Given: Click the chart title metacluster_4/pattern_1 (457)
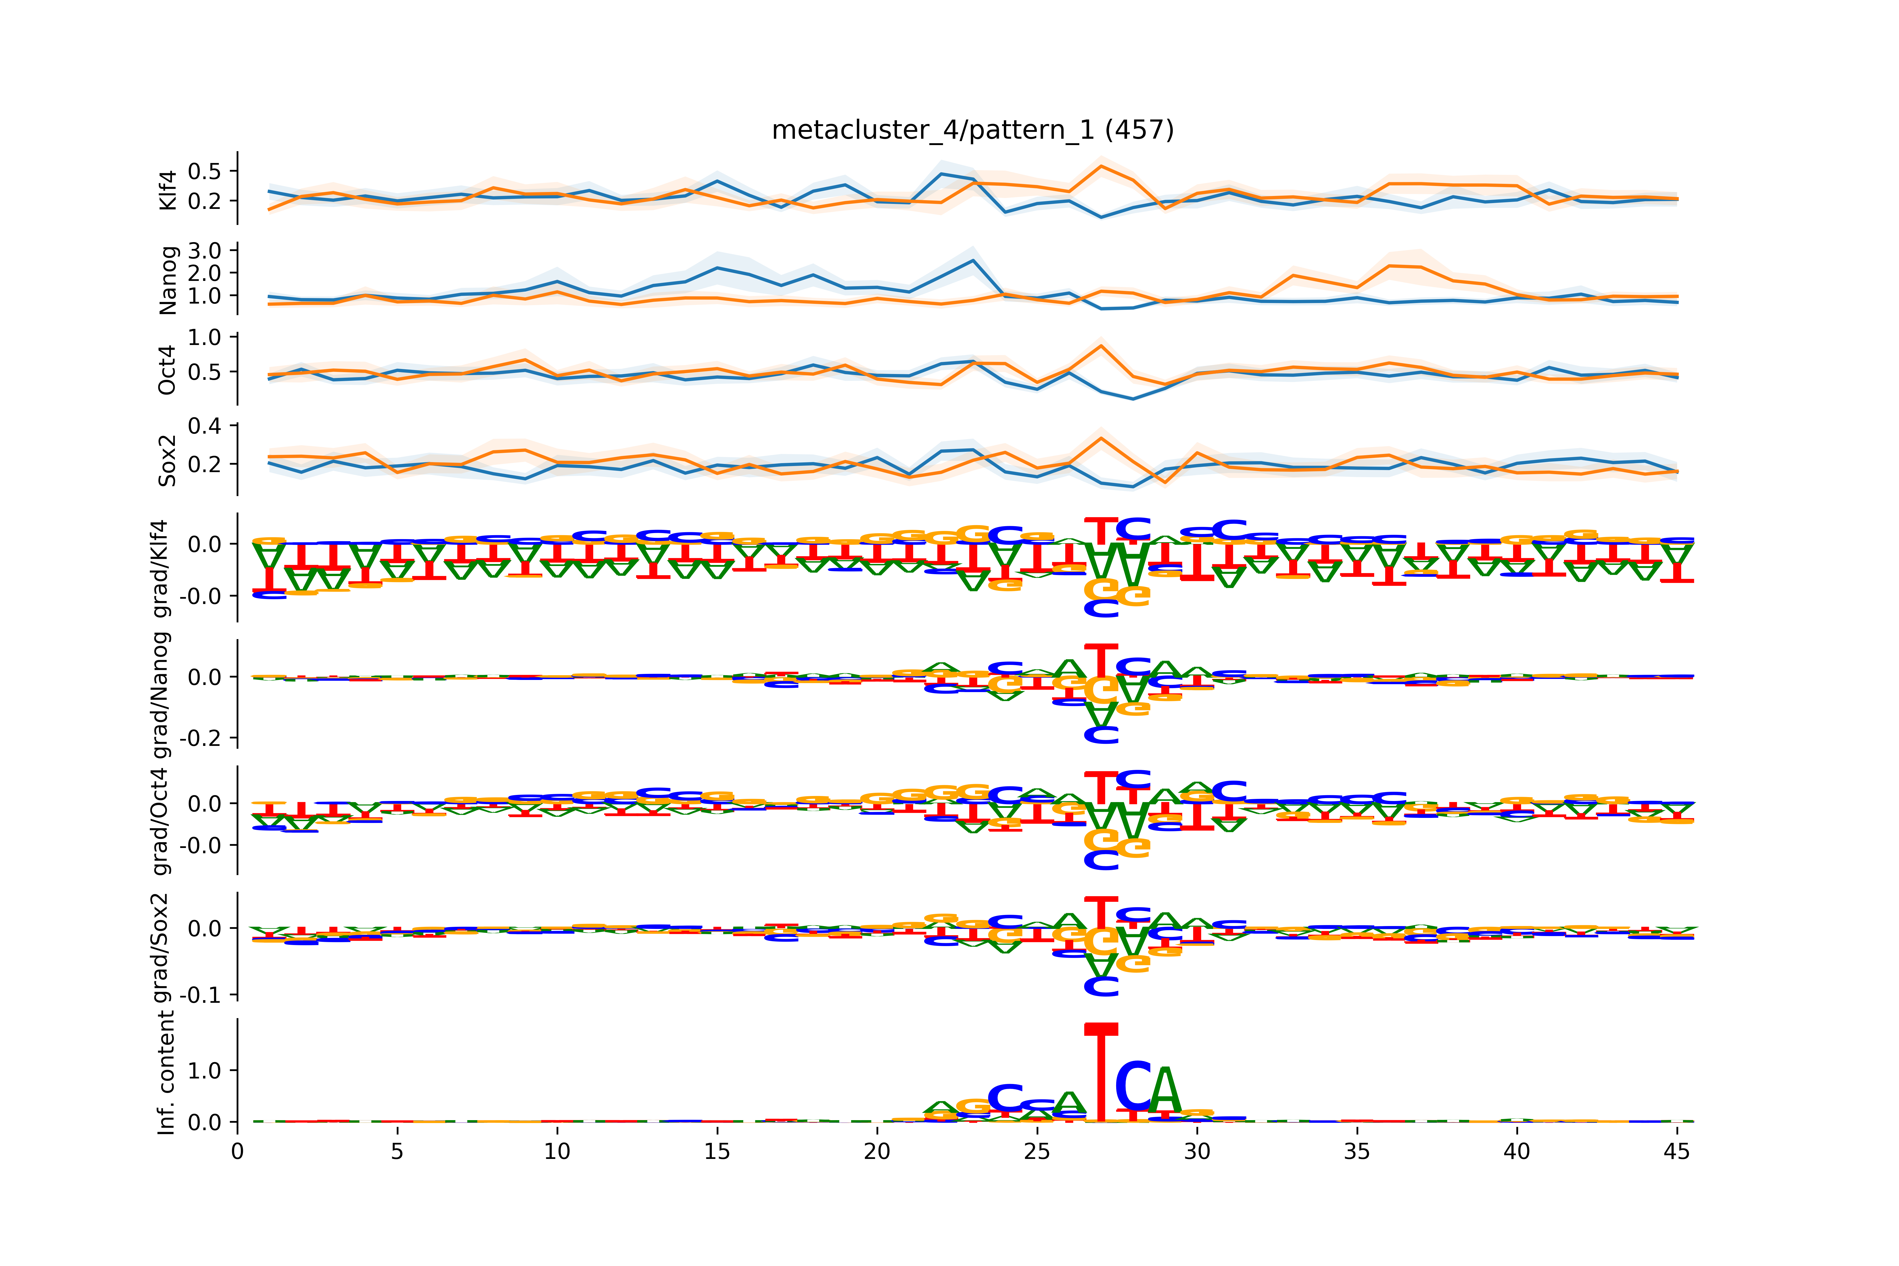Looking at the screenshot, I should pos(972,130).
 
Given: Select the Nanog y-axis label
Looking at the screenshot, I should pos(168,280).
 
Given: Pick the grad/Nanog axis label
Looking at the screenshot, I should pos(161,694).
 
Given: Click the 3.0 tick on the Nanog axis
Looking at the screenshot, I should pos(204,250).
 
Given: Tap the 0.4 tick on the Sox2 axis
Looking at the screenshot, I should pos(204,425).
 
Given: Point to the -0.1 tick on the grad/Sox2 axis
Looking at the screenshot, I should pos(200,995).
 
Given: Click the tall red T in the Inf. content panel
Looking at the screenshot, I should pos(1100,1074).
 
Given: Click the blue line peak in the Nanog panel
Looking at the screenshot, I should pos(973,260).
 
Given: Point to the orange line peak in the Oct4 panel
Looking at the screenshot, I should pos(1100,346).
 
